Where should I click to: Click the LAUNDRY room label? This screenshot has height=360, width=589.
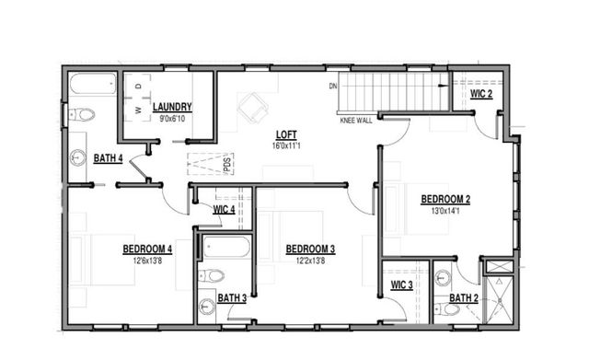172,107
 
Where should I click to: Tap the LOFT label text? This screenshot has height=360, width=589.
285,134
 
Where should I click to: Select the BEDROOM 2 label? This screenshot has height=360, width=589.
445,199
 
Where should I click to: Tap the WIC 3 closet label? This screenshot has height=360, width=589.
401,285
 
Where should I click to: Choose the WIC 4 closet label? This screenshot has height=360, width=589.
224,210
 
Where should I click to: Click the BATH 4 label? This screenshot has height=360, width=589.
109,158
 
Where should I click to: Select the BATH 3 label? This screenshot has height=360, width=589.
232,297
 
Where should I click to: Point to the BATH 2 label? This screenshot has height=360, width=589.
464,297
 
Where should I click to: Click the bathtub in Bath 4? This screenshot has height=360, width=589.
92,88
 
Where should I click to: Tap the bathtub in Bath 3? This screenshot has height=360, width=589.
225,248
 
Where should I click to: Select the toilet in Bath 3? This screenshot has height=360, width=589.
212,275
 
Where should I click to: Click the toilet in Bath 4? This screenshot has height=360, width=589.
81,115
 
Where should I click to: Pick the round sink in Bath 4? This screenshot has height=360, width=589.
77,157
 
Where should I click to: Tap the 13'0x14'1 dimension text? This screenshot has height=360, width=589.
445,210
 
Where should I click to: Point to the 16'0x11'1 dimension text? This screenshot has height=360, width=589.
285,145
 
